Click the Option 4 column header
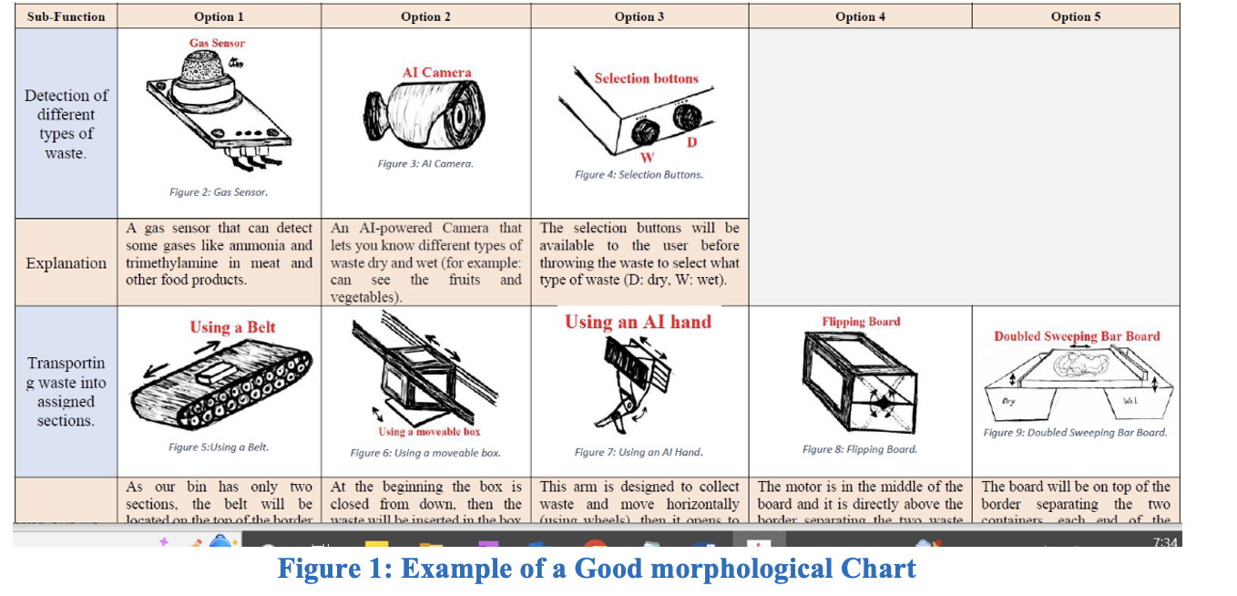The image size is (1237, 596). (x=860, y=16)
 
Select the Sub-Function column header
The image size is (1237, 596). (x=66, y=16)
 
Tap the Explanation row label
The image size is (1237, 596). (x=66, y=263)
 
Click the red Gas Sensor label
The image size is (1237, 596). (x=217, y=43)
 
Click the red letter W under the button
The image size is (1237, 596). (x=648, y=158)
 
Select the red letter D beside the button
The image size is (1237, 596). (x=692, y=142)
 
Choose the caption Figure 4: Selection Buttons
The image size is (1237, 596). (x=639, y=174)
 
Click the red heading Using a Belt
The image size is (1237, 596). (x=232, y=327)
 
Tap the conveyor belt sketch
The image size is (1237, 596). (x=220, y=386)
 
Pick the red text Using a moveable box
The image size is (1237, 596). (x=429, y=431)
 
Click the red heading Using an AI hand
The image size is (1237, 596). (x=638, y=322)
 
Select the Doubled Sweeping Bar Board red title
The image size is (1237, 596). (x=1077, y=336)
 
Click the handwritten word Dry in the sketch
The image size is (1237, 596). (x=1008, y=401)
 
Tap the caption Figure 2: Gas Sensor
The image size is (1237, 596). (x=219, y=192)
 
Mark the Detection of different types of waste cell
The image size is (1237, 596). (x=66, y=124)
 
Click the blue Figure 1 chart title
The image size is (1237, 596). (x=597, y=569)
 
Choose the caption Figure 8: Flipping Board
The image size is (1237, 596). (x=859, y=449)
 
